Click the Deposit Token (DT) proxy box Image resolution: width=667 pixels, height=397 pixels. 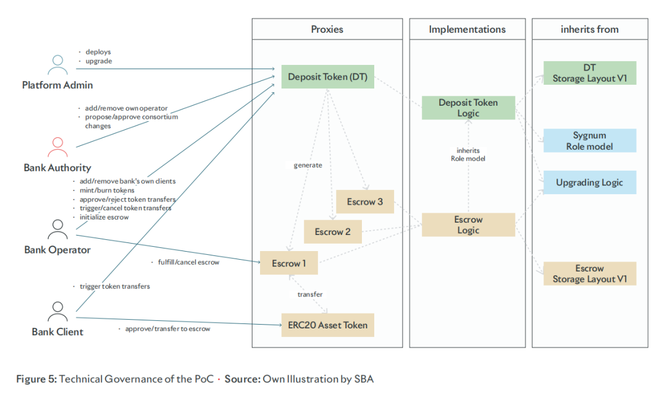(327, 77)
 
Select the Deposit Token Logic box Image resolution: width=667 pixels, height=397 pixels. (468, 108)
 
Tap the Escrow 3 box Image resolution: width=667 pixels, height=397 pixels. (364, 202)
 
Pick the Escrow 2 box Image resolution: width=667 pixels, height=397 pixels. (332, 232)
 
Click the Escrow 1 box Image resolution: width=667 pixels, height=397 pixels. (288, 263)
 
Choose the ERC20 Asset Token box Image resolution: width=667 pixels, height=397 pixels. (327, 325)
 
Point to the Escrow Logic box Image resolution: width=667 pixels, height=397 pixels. (468, 224)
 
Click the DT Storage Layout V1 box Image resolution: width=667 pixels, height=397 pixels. (589, 73)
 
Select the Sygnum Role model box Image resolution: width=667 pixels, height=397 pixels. (589, 140)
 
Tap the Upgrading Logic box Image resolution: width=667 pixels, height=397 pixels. (589, 182)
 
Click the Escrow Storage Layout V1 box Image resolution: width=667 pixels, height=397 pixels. (589, 273)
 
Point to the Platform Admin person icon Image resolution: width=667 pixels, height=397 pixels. (57, 64)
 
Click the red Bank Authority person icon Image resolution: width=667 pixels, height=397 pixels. (57, 147)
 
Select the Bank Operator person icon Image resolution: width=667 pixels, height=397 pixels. (57, 229)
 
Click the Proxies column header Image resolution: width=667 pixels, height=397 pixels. (327, 29)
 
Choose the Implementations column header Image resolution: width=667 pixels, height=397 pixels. (467, 29)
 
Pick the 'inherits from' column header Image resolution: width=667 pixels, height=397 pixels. (589, 29)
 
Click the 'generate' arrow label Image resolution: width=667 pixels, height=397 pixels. (308, 165)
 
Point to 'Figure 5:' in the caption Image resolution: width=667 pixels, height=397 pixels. (36, 378)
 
